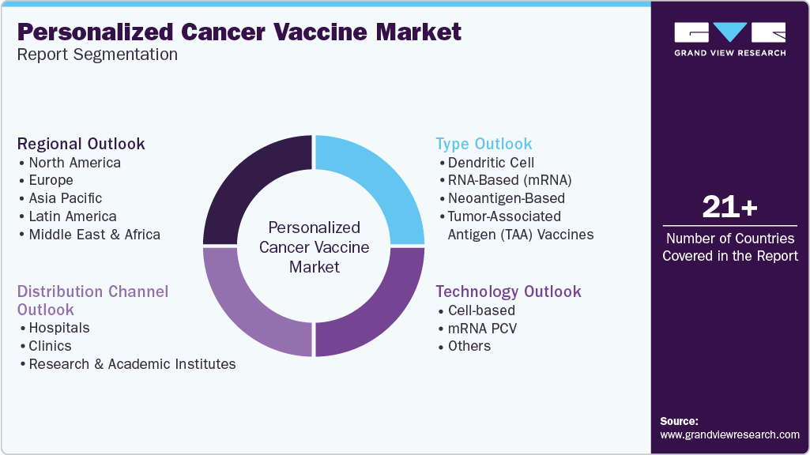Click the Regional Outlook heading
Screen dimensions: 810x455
[81, 144]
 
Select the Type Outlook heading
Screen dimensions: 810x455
[484, 144]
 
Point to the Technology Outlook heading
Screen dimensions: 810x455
[508, 291]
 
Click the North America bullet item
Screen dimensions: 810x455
[75, 163]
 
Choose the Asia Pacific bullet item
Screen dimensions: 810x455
[66, 198]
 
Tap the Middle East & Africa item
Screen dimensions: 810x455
[95, 235]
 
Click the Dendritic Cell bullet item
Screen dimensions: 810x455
[491, 163]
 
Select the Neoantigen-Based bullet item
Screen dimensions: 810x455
[507, 198]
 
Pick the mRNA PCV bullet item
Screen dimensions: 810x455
[483, 329]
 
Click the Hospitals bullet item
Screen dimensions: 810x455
[59, 328]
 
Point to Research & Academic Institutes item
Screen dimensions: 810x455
[132, 364]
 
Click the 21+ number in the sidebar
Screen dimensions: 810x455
[730, 207]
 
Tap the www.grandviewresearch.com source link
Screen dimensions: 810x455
[730, 435]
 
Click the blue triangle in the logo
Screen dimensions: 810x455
[730, 32]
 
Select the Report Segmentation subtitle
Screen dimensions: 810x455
[98, 55]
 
